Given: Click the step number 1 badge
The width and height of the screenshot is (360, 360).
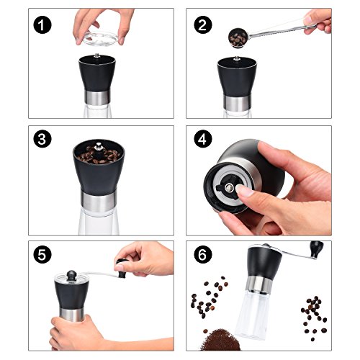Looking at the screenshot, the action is [42, 24].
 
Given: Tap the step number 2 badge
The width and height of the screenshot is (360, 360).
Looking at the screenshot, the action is [203, 24].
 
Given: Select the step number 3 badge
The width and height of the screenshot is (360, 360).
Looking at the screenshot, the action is [42, 139].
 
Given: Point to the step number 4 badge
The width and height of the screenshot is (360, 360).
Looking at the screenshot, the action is [203, 139].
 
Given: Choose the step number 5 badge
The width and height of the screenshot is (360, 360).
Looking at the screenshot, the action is [42, 254].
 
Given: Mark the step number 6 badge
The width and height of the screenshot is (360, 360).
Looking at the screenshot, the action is [203, 254].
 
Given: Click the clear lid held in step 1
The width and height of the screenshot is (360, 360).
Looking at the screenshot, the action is [101, 38].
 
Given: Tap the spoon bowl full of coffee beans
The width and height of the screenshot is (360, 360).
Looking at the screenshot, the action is [238, 38].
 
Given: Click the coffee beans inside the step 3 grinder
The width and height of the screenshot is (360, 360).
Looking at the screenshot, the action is [99, 155].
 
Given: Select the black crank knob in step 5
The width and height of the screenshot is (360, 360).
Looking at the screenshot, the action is [122, 268].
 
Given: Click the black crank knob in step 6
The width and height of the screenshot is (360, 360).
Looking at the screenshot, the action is [317, 249].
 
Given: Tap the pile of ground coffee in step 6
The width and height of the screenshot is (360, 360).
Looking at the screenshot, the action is [220, 341].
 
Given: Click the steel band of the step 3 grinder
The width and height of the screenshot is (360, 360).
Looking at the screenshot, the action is [99, 199].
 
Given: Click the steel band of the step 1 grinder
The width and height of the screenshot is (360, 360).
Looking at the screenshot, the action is [97, 98].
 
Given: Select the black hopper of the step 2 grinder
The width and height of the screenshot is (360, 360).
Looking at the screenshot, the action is [237, 78].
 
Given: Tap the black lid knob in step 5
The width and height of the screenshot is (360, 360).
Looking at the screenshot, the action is [71, 275].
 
